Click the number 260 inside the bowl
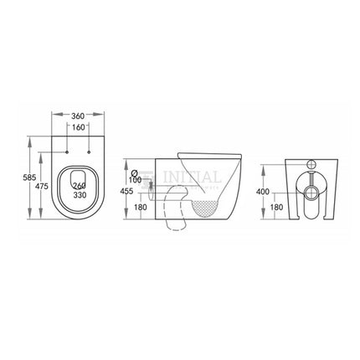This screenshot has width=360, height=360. (x=80, y=186)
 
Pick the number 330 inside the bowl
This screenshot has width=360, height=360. (x=80, y=195)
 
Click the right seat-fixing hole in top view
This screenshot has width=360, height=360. (x=90, y=152)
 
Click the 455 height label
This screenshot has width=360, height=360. (x=127, y=191)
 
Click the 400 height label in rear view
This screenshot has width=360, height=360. (x=264, y=192)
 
